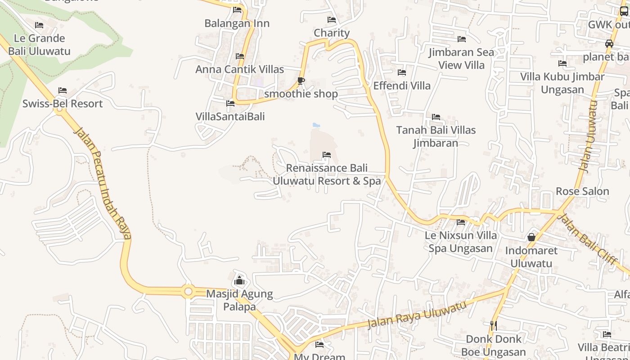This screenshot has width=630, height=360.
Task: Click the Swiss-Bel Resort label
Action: [63, 103]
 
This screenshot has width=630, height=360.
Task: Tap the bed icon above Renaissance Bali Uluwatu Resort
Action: [327, 155]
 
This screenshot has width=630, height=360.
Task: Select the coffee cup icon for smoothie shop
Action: [301, 81]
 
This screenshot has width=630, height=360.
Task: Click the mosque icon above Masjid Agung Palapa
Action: [239, 281]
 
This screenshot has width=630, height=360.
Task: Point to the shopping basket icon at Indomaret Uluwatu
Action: [531, 237]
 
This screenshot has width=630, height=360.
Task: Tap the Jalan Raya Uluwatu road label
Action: [417, 315]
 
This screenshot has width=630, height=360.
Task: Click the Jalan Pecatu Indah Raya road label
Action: [103, 182]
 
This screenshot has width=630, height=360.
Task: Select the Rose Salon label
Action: [582, 191]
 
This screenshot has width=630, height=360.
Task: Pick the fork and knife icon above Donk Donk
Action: [494, 325]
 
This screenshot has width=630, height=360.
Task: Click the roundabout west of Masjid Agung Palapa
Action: [188, 292]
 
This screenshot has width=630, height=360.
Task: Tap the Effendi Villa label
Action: [402, 85]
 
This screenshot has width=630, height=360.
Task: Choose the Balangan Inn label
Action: [237, 23]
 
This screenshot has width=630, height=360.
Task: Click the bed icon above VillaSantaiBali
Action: [230, 103]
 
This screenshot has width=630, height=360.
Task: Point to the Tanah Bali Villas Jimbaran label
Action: [436, 136]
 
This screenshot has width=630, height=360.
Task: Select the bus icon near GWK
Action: [624, 11]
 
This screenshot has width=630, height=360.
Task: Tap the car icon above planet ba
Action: [609, 44]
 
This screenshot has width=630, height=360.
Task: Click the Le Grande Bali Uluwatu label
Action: [39, 45]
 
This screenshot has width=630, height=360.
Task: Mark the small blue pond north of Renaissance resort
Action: [316, 125]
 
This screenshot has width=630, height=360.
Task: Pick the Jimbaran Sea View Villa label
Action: [461, 58]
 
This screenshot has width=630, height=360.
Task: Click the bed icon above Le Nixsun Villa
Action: [461, 222]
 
